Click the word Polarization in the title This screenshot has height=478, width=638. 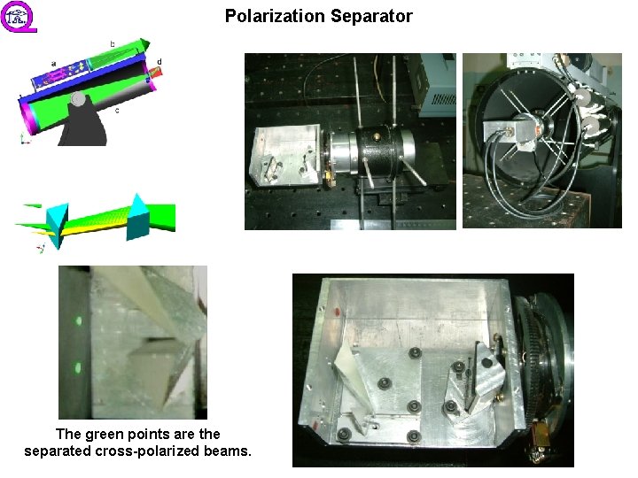(x=271, y=16)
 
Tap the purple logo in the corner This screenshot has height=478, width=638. (x=19, y=16)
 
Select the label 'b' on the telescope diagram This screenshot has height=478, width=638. (x=112, y=43)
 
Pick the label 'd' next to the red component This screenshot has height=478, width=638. (x=159, y=61)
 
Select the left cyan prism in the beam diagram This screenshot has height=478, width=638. (x=57, y=221)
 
